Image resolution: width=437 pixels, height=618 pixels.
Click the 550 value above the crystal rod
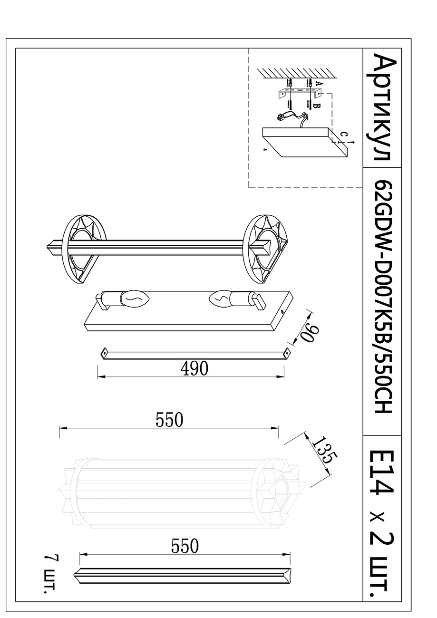click(x=185, y=547)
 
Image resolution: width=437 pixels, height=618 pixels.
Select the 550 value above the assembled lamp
click(x=169, y=420)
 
